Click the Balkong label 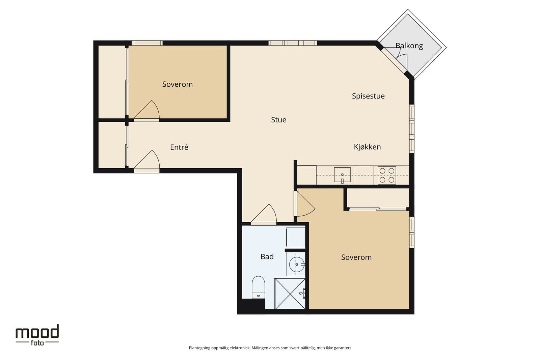pos(409,46)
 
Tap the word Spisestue pos(368,96)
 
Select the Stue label pos(279,120)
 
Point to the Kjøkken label pos(368,147)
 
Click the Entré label pos(179,147)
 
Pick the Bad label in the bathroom pos(267,256)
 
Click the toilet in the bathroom pos(259,287)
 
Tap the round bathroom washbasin pos(297,264)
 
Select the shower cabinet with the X pos(290,294)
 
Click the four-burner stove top pos(387,175)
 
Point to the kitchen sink pos(342,175)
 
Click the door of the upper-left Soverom pos(146,111)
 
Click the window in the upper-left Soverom pos(147,43)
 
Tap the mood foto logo pos(37,335)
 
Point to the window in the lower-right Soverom pos(412,232)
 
